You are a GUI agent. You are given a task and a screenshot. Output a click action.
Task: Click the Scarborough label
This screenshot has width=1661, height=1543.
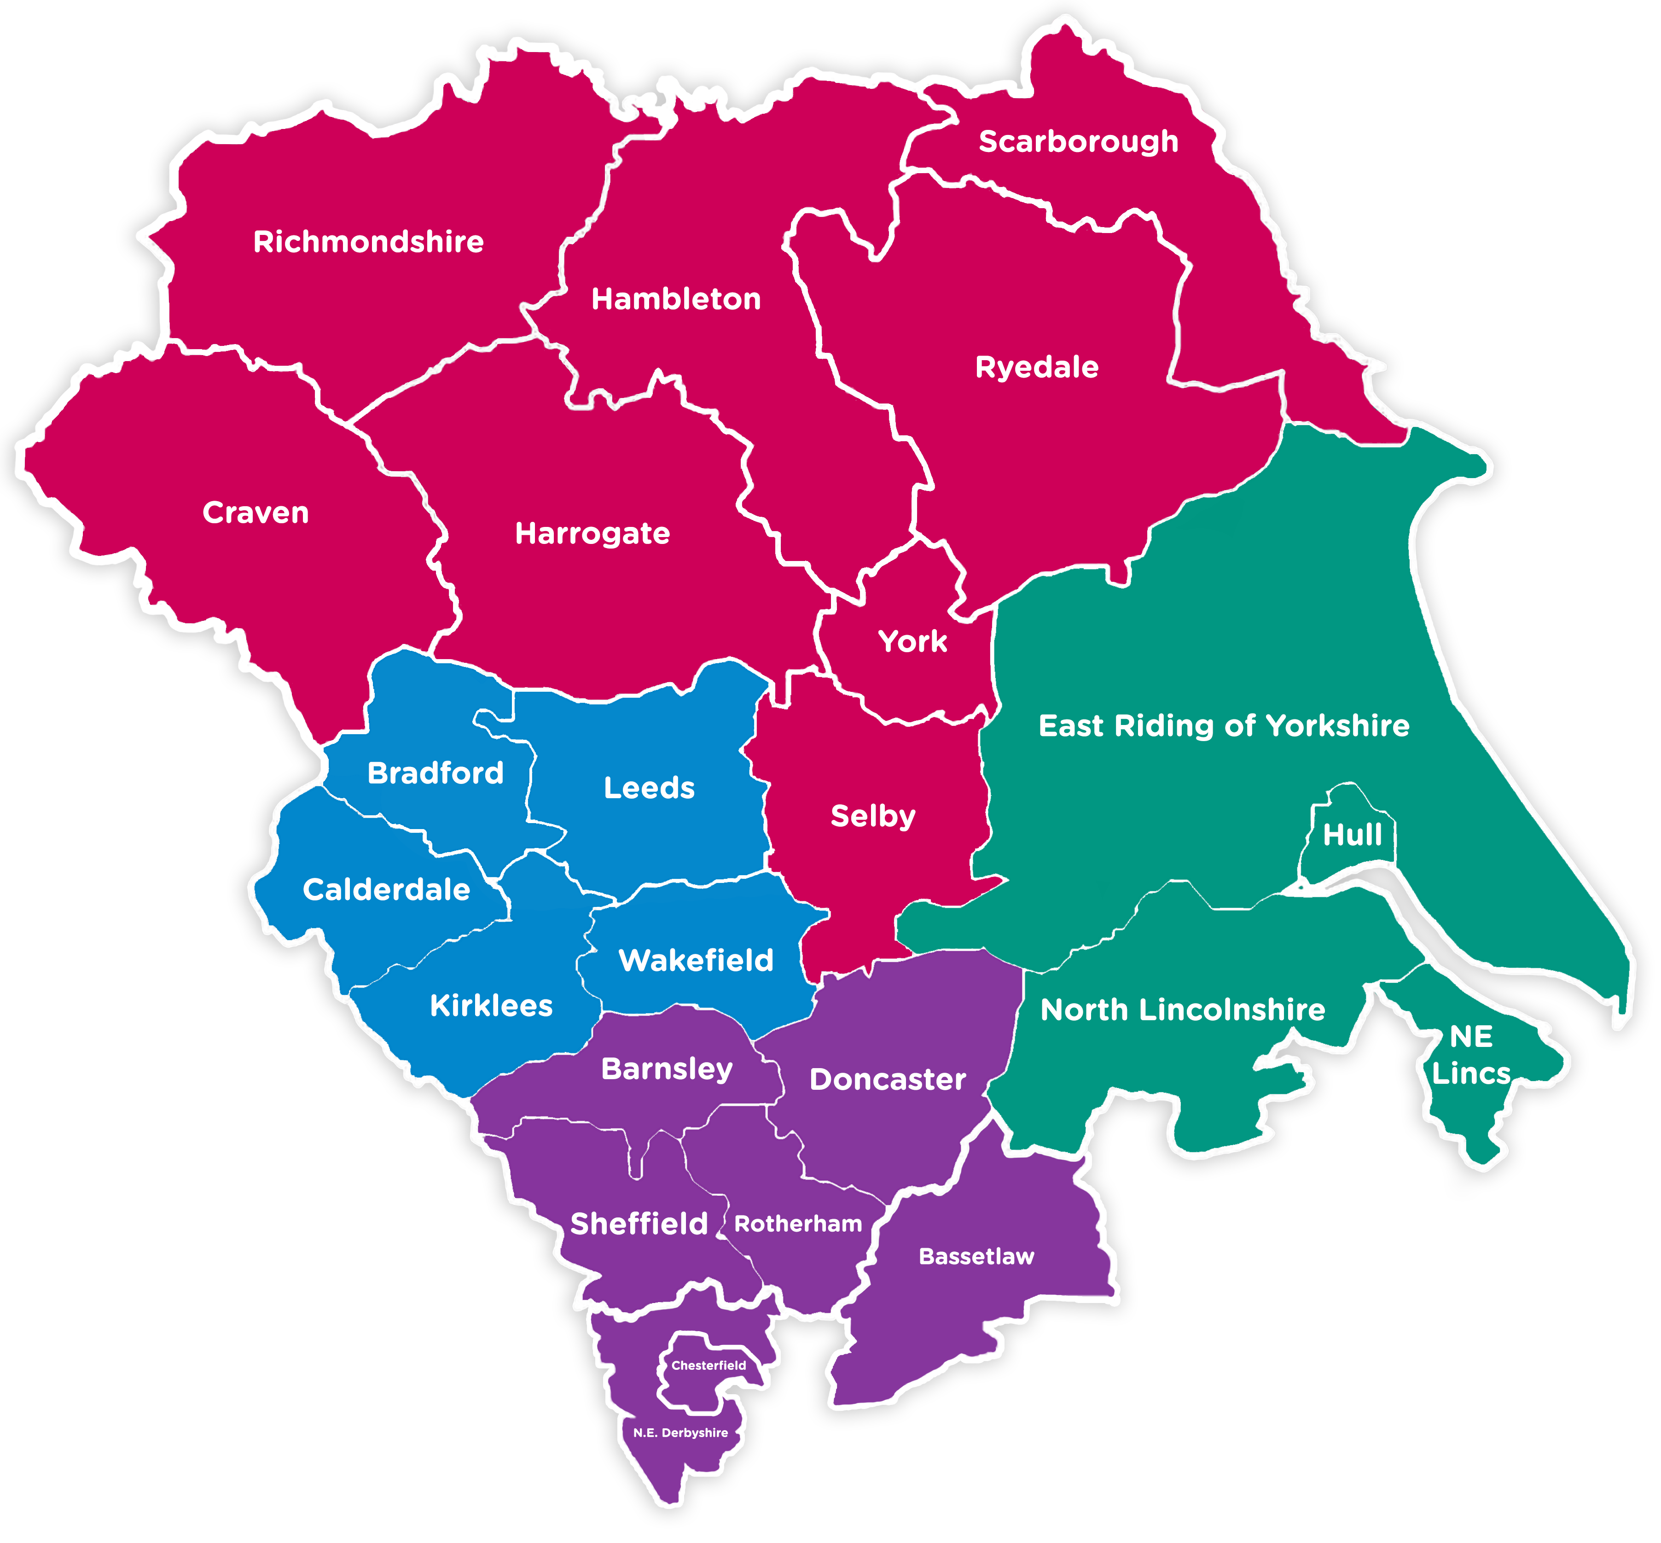click(1078, 142)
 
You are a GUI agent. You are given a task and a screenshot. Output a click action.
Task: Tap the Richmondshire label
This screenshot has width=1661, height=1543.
click(368, 242)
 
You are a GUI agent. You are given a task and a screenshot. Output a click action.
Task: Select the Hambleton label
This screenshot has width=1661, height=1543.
click(676, 299)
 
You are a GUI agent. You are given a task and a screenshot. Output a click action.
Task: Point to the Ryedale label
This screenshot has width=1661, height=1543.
click(1037, 368)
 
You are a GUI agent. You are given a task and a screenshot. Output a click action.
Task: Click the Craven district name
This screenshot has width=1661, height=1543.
click(256, 513)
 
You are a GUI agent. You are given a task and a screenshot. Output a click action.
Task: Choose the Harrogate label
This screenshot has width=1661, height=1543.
click(592, 533)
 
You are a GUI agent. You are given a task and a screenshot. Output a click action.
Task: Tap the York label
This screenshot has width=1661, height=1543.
click(912, 641)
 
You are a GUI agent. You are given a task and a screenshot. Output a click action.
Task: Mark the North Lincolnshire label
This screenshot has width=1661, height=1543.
click(1182, 1010)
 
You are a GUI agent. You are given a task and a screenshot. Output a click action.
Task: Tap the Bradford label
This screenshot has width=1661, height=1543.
click(435, 773)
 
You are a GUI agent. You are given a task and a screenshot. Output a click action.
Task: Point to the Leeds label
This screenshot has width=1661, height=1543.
click(649, 788)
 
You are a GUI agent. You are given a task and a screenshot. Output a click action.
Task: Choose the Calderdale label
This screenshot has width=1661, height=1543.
click(386, 890)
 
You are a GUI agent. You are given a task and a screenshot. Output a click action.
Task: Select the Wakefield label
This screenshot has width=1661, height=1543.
click(695, 960)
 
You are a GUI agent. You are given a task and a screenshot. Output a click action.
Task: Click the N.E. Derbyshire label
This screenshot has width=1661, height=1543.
click(680, 1433)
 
